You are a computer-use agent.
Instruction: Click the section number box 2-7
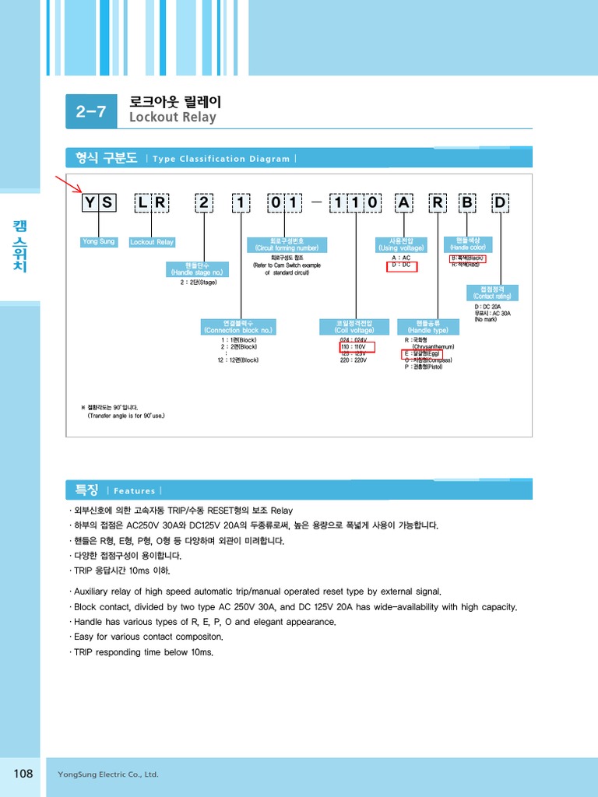pos(91,111)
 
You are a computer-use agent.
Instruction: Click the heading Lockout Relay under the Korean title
pos(172,118)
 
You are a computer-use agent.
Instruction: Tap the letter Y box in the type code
pos(90,204)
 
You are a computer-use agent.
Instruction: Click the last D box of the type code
pos(499,204)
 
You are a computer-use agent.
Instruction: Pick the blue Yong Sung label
pos(98,242)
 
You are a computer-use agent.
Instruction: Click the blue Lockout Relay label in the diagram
pos(152,242)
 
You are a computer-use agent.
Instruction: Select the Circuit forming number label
pos(287,244)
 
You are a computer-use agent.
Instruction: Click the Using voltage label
pos(401,244)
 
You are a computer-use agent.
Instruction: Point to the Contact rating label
pos(492,293)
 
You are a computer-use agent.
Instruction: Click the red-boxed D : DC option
pos(402,265)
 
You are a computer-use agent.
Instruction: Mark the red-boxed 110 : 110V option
pos(357,347)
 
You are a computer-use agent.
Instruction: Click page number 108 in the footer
pos(23,773)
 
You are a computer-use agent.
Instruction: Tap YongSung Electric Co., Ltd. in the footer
pos(108,774)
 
